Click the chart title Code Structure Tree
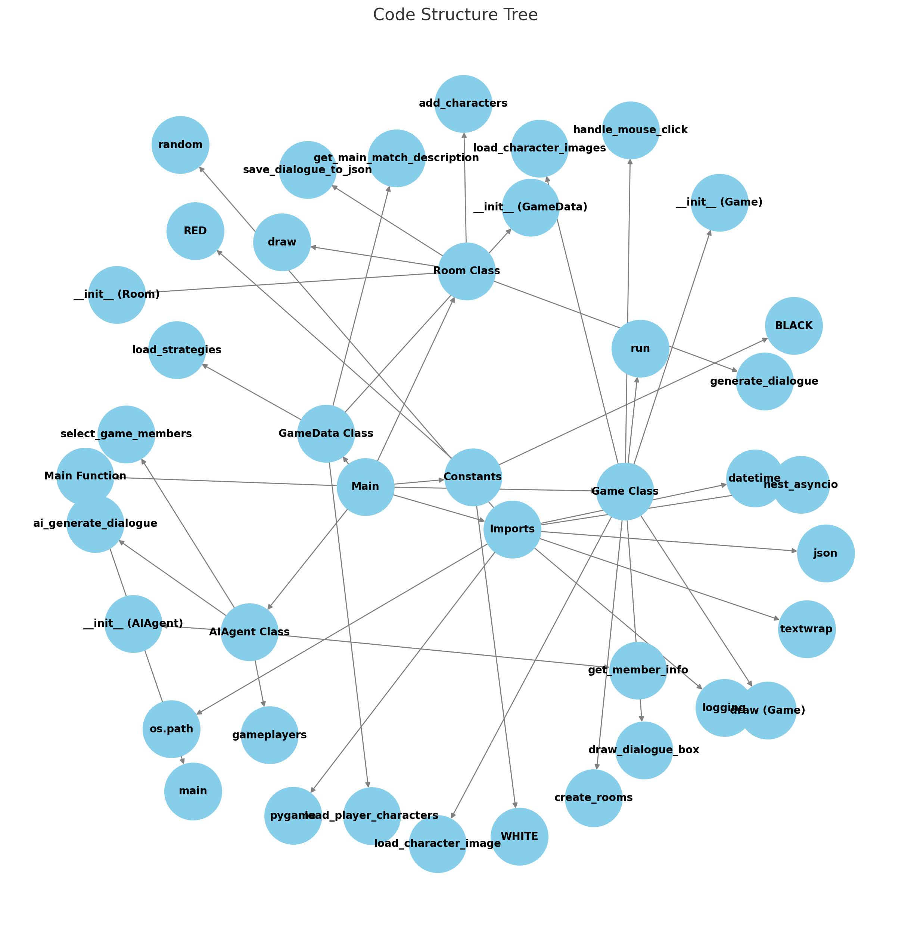(455, 15)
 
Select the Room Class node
(466, 271)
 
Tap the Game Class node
(625, 491)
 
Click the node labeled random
(180, 145)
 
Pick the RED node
(195, 231)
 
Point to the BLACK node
(794, 326)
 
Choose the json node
(826, 554)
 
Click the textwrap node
(807, 629)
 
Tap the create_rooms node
(594, 798)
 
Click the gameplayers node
(269, 735)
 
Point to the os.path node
(171, 729)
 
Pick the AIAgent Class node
(249, 632)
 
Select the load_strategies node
(177, 350)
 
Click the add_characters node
(463, 104)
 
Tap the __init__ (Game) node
(719, 203)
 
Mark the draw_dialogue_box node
(644, 750)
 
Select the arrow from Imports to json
(670, 542)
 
